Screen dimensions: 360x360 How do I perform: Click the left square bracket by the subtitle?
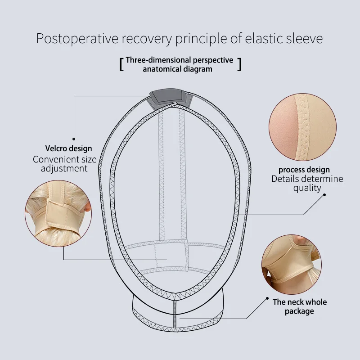tap(121, 64)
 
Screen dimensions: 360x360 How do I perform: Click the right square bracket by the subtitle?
tap(239, 64)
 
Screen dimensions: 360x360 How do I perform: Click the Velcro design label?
tap(68, 148)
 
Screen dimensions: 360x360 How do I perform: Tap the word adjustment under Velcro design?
tap(64, 169)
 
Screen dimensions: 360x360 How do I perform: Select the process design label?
tap(304, 170)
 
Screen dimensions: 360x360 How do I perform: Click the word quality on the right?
tap(307, 188)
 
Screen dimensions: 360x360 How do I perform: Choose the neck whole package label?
tap(300, 306)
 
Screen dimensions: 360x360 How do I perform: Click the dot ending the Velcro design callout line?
tap(74, 139)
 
